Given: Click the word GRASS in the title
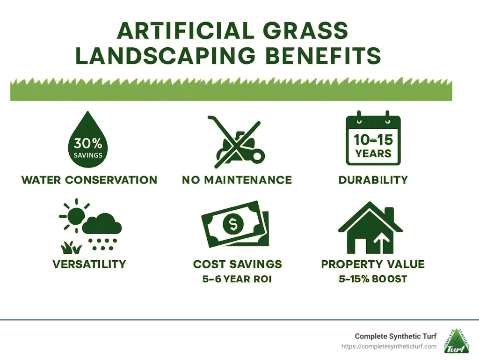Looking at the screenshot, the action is click(x=305, y=30).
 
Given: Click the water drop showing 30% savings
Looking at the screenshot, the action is click(x=87, y=140).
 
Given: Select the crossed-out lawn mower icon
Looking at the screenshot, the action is click(x=236, y=142).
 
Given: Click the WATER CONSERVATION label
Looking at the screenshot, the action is click(x=89, y=180).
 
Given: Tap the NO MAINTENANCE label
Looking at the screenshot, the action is click(x=237, y=180).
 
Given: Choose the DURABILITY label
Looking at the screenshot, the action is click(x=373, y=180).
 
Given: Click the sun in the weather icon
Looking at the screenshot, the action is click(x=75, y=216).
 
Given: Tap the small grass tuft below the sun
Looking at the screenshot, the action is click(x=71, y=248).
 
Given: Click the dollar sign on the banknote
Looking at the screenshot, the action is click(x=233, y=225).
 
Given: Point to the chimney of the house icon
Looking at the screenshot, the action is click(x=389, y=215).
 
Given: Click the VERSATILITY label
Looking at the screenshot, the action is click(x=89, y=264).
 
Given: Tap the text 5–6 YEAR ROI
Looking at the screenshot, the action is click(x=237, y=279).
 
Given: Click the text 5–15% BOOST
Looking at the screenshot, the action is click(x=373, y=279).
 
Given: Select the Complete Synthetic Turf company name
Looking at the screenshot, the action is click(x=396, y=336).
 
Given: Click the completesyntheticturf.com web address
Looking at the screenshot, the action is click(x=389, y=346).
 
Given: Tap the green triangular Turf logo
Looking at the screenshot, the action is click(x=457, y=341).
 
